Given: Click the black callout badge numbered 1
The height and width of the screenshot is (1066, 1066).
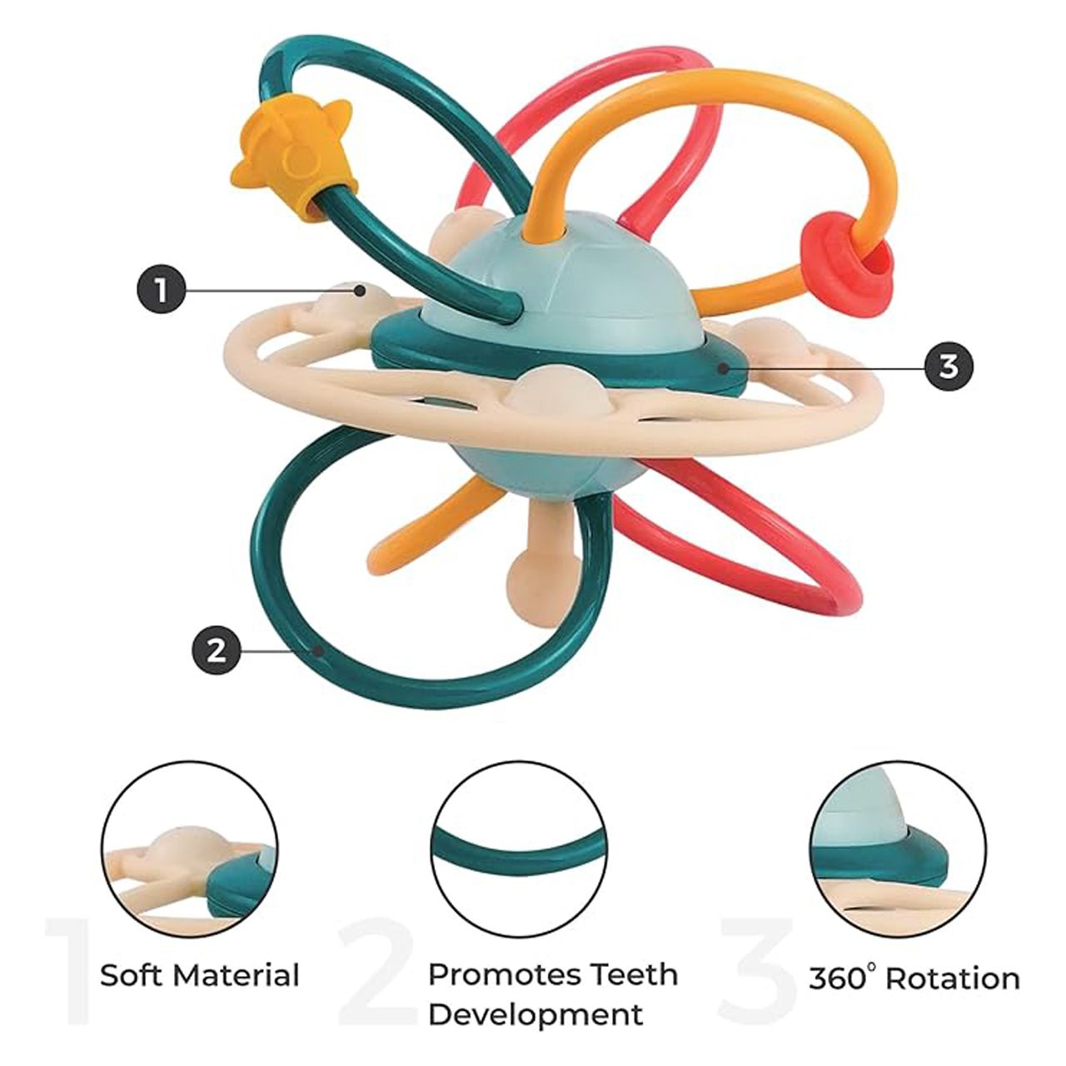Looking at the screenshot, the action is click(160, 291).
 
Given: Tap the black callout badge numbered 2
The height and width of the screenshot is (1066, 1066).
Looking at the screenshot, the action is click(216, 651).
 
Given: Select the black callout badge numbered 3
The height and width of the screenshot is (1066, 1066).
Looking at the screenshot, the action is click(949, 366).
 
